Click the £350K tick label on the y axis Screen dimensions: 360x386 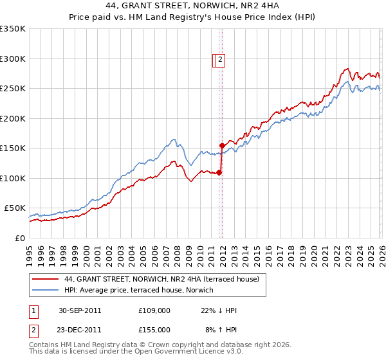[13, 29]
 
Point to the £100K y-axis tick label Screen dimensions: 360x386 [13, 178]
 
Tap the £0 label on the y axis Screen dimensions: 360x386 [20, 238]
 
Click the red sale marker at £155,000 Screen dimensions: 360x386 [222, 145]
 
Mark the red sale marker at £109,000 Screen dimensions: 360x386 [219, 172]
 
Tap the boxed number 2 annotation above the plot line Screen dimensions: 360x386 [219, 60]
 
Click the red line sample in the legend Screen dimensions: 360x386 [45, 279]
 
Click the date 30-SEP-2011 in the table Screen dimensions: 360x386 [79, 310]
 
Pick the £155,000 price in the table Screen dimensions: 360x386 [154, 329]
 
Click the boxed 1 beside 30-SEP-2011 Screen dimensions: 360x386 [34, 310]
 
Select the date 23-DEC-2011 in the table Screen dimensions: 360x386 [79, 329]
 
